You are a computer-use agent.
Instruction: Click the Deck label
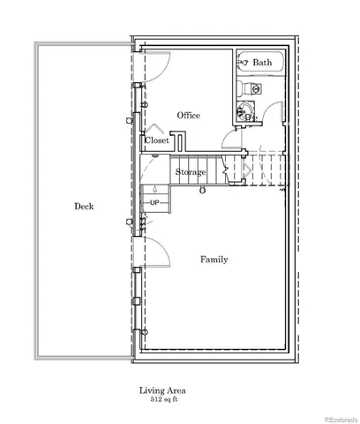84,206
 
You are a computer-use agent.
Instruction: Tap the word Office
188,116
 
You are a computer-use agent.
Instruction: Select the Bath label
262,63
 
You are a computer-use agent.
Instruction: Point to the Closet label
157,140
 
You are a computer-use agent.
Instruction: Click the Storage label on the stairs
190,171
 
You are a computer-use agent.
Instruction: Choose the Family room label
214,260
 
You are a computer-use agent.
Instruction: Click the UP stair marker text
154,203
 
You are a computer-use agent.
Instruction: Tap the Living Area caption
161,390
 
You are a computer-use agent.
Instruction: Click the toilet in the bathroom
255,89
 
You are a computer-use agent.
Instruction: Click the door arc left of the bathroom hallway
228,138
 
